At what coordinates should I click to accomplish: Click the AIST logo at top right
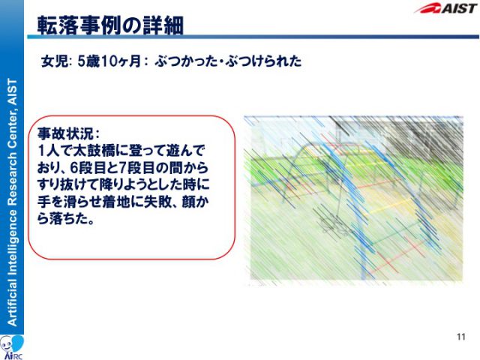(446, 8)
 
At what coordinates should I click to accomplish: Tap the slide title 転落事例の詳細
(110, 25)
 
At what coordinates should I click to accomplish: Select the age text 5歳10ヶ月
(109, 61)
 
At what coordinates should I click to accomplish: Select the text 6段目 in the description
(88, 168)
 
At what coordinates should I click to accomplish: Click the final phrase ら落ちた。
(65, 219)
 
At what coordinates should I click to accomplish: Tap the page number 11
(461, 337)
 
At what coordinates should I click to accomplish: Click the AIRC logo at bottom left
(12, 347)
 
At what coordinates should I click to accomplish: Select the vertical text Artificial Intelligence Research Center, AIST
(12, 202)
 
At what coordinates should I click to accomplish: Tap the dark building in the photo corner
(425, 138)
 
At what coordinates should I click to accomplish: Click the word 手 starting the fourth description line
(43, 202)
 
